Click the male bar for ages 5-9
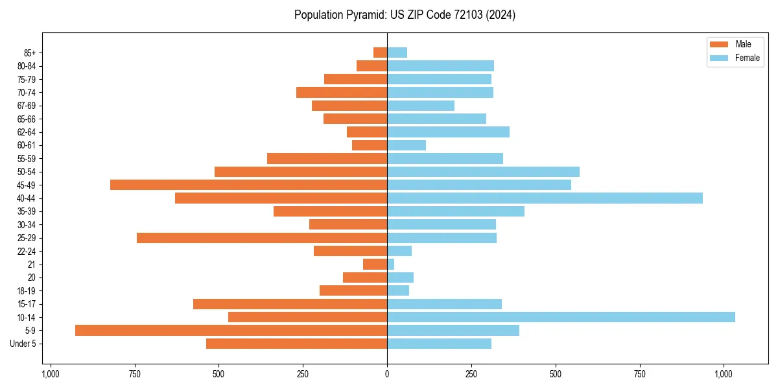point(231,331)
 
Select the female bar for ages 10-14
point(561,317)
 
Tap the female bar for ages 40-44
point(545,198)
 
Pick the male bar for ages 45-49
point(248,185)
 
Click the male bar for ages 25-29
point(262,238)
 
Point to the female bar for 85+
point(397,53)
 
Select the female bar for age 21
point(391,265)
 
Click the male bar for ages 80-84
point(371,65)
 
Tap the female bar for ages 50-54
point(483,172)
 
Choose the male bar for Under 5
point(296,344)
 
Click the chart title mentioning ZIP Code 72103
point(405,15)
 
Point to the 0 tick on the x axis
point(387,374)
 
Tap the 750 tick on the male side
point(134,374)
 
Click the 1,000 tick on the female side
point(724,374)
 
